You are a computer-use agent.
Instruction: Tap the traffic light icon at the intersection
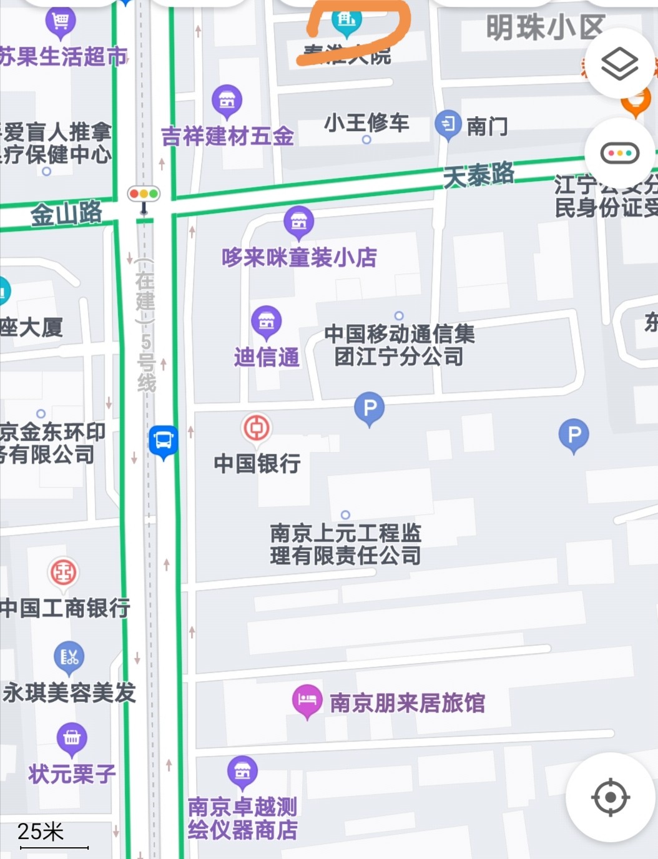[144, 194]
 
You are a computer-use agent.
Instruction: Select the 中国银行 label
[257, 463]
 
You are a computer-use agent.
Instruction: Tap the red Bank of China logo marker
[257, 428]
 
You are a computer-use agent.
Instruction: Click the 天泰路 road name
[479, 174]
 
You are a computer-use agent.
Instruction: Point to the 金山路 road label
[66, 214]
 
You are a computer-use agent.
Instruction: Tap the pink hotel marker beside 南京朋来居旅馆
[307, 700]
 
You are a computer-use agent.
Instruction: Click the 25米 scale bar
[53, 837]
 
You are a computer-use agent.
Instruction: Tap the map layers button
[619, 64]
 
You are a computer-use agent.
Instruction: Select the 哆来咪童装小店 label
[299, 257]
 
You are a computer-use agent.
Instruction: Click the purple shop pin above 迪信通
[267, 321]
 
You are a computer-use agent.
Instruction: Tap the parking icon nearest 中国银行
[370, 408]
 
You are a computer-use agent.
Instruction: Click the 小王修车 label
[366, 122]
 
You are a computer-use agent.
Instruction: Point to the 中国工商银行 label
[65, 607]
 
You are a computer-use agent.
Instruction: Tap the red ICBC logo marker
[64, 572]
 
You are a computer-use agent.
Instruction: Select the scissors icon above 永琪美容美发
[69, 657]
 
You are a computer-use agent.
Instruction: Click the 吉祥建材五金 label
[227, 136]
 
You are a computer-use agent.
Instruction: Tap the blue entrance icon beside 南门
[448, 124]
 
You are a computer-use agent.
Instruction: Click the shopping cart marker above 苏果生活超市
[61, 22]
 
